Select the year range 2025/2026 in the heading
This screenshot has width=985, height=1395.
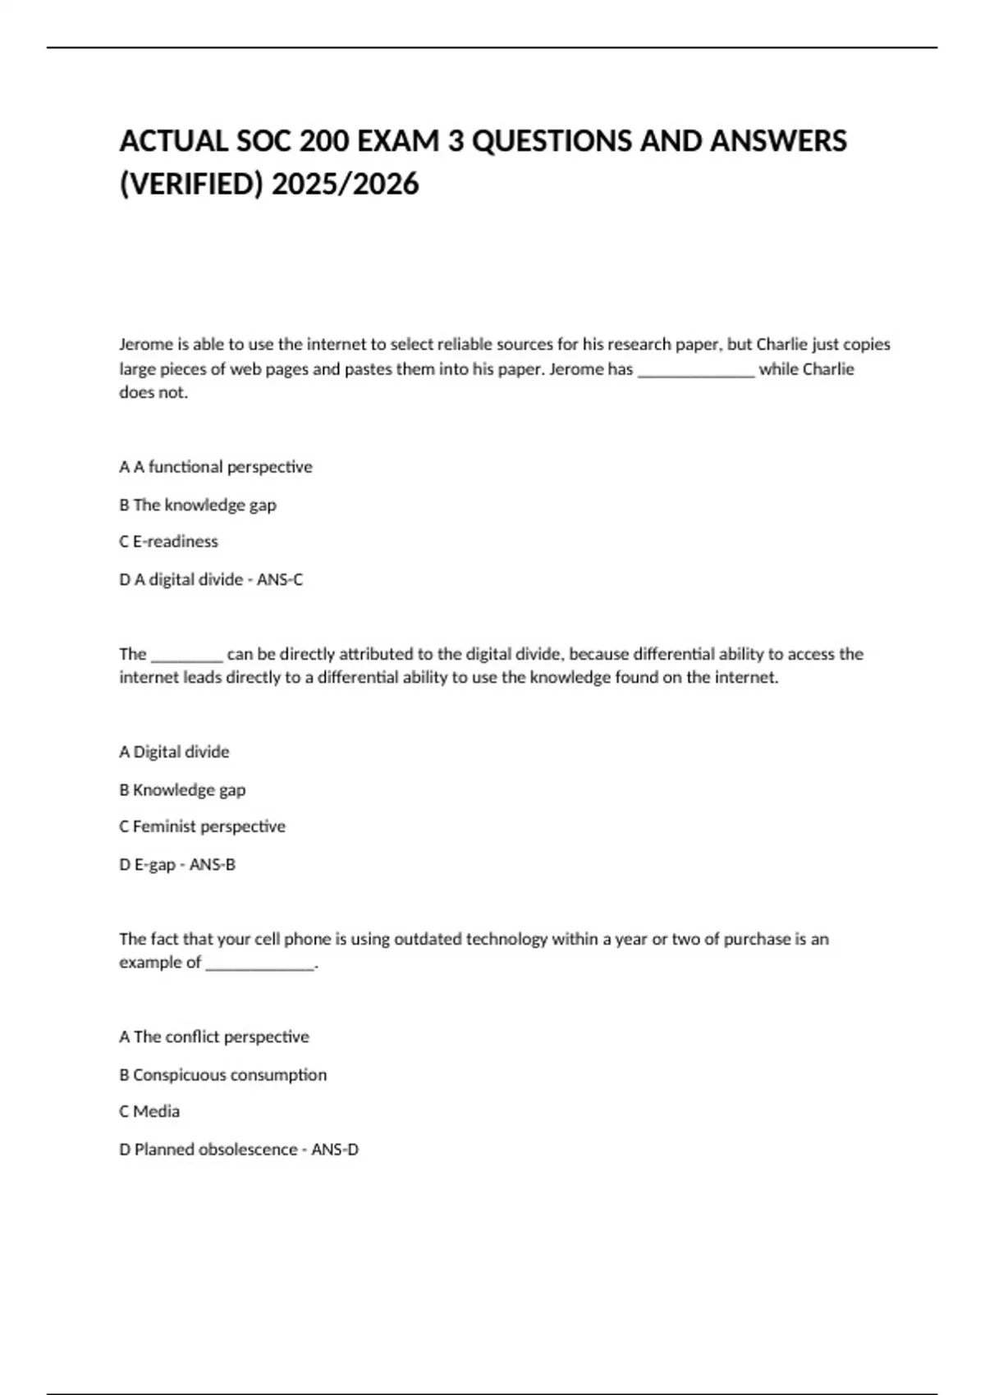point(345,185)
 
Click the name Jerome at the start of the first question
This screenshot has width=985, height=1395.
point(145,345)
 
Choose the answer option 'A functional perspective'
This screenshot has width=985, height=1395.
point(222,467)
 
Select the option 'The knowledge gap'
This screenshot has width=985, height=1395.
point(204,505)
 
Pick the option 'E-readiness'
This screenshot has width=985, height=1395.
point(175,542)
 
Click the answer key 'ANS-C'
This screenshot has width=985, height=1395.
point(280,580)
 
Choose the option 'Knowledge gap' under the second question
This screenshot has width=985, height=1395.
point(189,789)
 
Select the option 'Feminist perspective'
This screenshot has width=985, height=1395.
point(208,826)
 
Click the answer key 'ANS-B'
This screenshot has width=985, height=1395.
point(213,865)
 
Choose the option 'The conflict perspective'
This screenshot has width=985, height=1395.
point(221,1037)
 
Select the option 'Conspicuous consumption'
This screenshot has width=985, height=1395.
point(229,1075)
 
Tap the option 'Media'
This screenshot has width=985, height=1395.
point(156,1111)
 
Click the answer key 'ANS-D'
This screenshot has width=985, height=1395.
point(335,1150)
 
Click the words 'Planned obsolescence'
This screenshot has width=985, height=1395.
point(215,1150)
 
